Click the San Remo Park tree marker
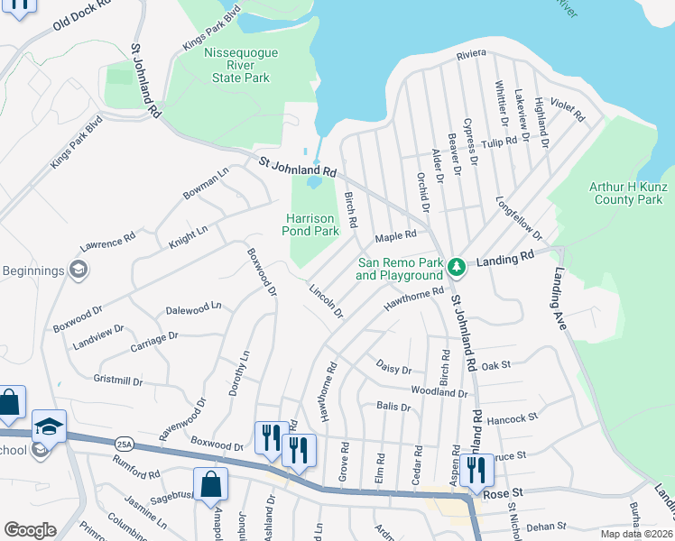tap(458, 265)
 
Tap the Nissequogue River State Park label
tap(240, 66)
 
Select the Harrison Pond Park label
tap(312, 225)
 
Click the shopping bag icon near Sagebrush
tap(210, 484)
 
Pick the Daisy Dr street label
tap(393, 370)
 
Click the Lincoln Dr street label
tap(326, 302)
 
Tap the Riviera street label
tap(471, 55)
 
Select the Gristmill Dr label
tap(117, 381)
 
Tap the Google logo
tap(31, 530)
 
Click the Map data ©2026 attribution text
tap(637, 534)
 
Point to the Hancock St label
tap(512, 418)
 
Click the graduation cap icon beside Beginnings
tap(79, 270)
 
